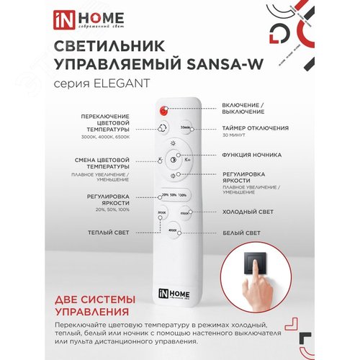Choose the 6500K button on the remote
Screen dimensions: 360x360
(185, 213)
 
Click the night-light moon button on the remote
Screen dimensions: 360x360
(172, 160)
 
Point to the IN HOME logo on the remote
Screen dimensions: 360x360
(171, 294)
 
